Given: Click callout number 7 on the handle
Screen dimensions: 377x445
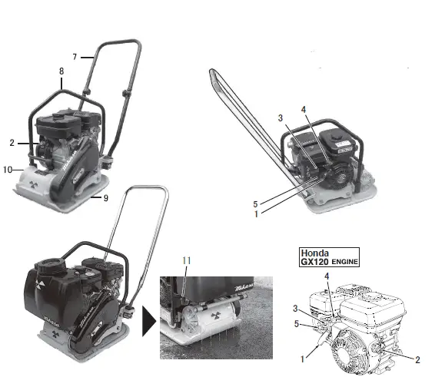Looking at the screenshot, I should (75, 56).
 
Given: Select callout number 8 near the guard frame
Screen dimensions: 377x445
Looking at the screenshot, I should (60, 71).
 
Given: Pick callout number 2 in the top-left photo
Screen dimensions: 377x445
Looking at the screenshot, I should (13, 143).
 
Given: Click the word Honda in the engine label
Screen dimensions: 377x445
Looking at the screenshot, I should (315, 253).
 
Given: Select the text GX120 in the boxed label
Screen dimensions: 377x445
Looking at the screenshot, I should (315, 262).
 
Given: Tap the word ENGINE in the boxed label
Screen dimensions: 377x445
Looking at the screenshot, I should (345, 263).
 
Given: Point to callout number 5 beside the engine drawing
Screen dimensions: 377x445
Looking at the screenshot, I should (297, 323).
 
